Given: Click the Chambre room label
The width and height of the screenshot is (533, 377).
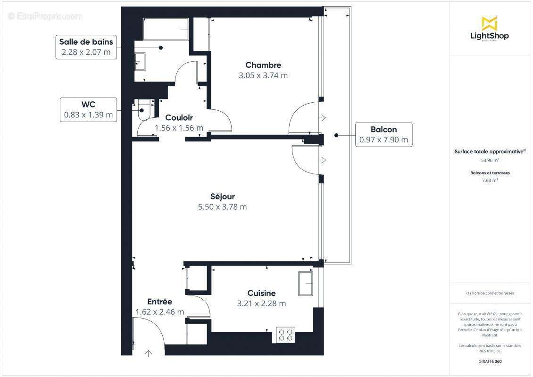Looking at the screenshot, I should [x=263, y=65].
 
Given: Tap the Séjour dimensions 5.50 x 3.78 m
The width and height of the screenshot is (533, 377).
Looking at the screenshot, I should [x=222, y=206].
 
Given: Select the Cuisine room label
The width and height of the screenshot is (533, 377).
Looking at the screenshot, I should [x=261, y=293].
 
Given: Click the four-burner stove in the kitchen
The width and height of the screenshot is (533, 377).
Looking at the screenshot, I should [x=285, y=335].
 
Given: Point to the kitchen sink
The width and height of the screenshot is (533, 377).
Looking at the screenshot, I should [x=305, y=284].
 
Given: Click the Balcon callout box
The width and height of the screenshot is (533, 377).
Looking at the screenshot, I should [x=383, y=134].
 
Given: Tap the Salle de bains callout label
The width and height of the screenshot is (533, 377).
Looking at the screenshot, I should [x=86, y=47].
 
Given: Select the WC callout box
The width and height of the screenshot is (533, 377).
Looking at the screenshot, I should [x=89, y=109].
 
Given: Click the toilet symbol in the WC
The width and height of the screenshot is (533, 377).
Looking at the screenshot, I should [x=143, y=112].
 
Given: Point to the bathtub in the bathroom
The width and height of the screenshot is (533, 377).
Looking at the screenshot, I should [x=166, y=29].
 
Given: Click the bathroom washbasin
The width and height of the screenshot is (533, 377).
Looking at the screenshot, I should [x=141, y=61].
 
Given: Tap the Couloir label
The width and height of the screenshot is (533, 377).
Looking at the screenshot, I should [x=179, y=117].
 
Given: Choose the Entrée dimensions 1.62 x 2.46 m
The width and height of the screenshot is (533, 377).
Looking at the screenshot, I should [x=159, y=311].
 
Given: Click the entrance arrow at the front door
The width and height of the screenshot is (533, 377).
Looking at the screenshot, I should [x=150, y=352].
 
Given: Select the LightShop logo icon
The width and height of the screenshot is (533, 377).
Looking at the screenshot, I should [x=489, y=23].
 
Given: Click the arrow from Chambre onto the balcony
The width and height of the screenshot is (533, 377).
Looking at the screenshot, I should [x=323, y=117].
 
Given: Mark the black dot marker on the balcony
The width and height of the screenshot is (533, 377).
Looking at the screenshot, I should [x=336, y=135].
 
